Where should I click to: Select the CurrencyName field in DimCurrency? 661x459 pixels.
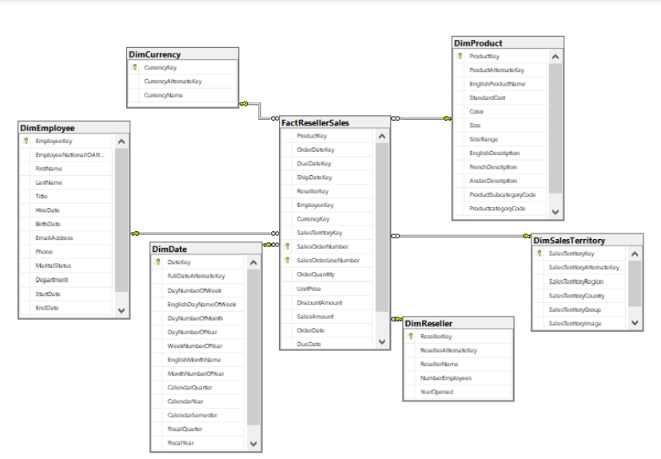[164, 95]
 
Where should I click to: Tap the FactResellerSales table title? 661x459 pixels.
[315, 122]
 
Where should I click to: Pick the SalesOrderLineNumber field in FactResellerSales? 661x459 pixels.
[328, 260]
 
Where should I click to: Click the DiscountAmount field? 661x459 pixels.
[319, 302]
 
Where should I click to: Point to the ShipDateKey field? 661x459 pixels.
[314, 178]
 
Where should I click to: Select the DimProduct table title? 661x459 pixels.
[478, 42]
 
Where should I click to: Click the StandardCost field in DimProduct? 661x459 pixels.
[487, 98]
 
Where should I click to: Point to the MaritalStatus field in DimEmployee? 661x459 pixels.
[53, 265]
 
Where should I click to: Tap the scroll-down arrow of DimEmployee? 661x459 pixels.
[121, 309]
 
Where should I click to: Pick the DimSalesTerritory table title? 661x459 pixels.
[569, 240]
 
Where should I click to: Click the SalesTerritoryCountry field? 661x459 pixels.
[576, 296]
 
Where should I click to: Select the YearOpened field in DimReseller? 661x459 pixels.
[436, 392]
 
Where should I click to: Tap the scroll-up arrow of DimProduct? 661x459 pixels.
[555, 57]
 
